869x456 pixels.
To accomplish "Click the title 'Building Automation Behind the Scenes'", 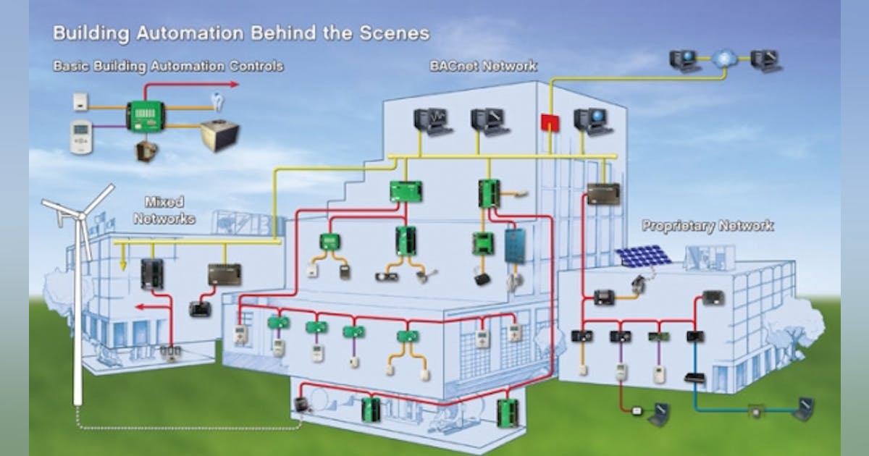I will (241, 33).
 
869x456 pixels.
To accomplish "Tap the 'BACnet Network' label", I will (484, 66).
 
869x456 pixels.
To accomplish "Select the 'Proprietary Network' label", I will (708, 226).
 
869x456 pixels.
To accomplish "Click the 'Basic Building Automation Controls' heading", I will (168, 67).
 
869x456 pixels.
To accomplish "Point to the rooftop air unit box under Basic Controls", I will (219, 135).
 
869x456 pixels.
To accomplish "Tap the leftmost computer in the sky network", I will (684, 60).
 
